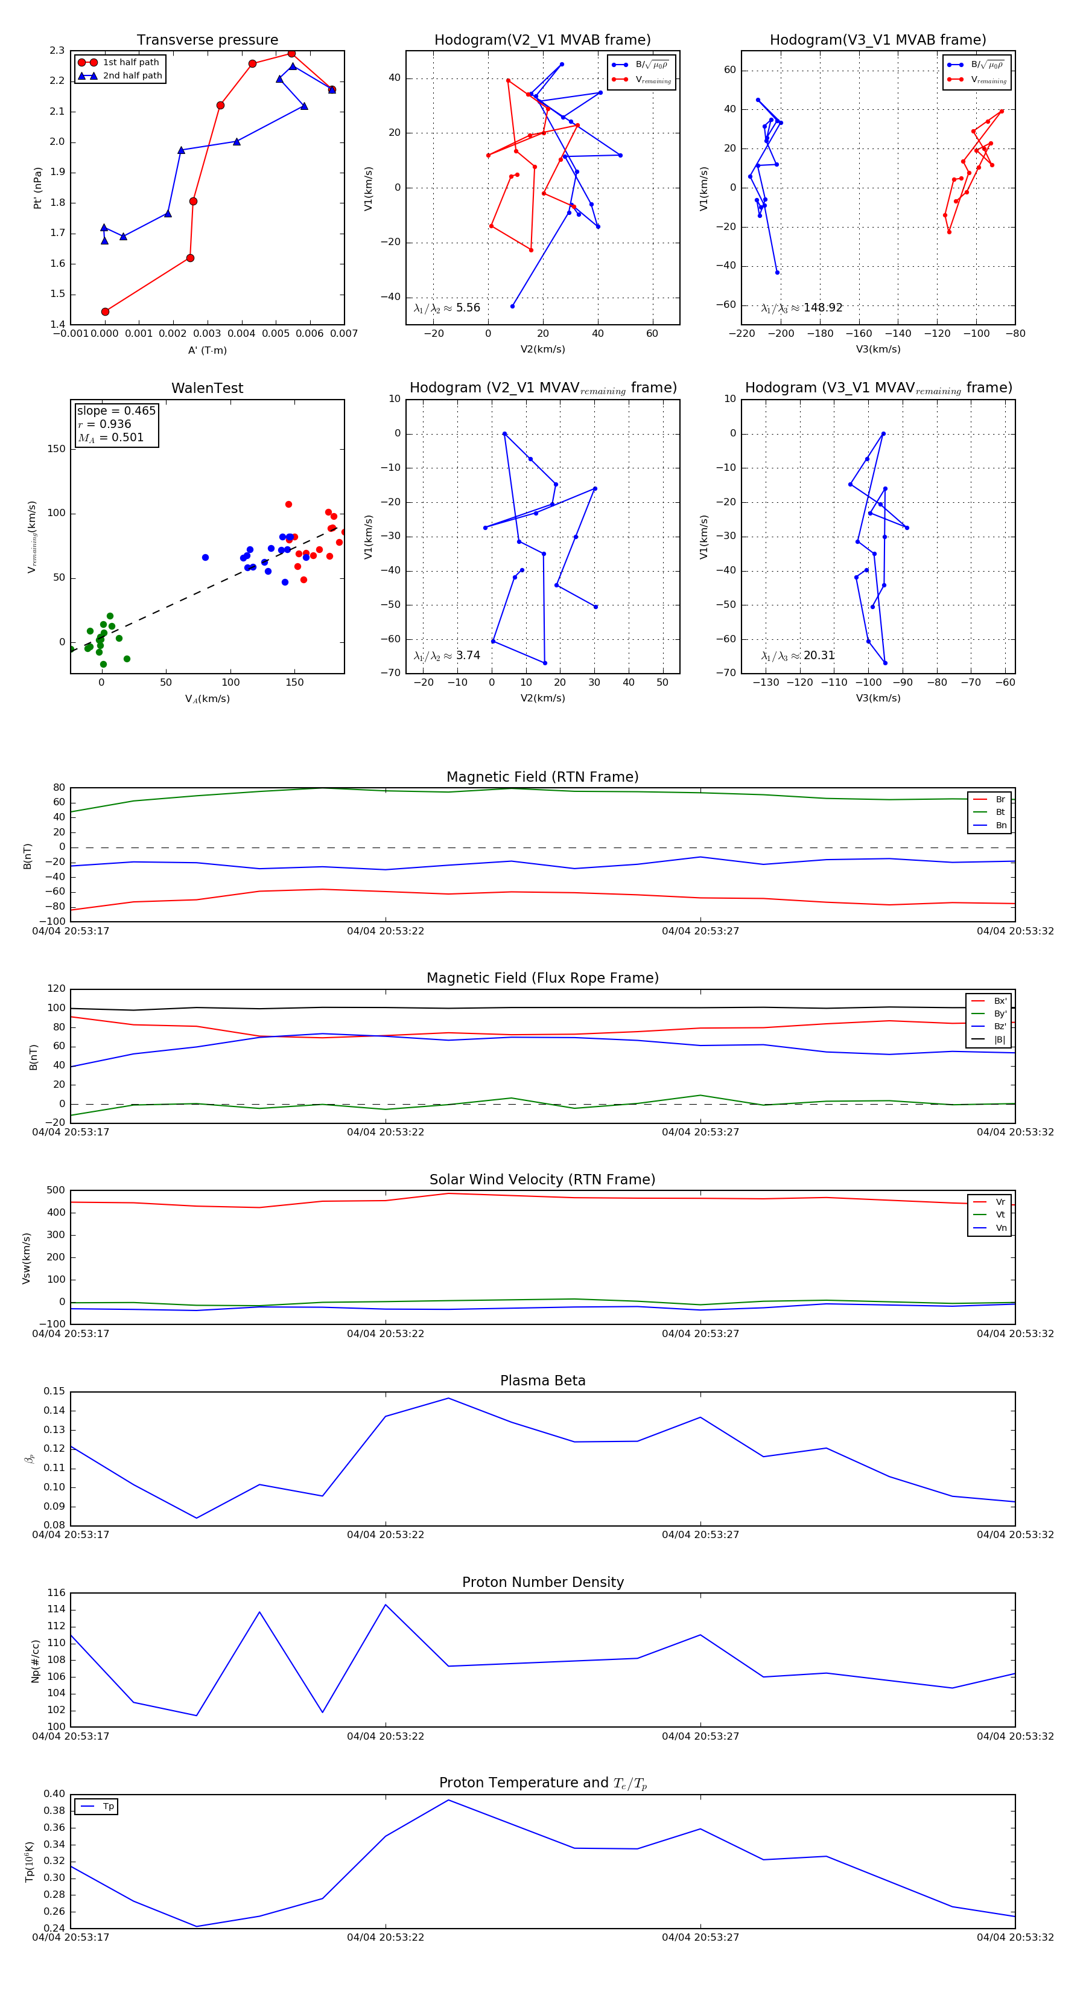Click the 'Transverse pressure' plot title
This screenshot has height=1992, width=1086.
(207, 40)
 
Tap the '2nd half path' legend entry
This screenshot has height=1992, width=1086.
(132, 76)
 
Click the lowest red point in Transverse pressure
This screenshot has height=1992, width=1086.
(105, 311)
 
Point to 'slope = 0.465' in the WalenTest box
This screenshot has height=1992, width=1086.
(116, 410)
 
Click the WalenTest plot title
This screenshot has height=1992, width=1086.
(207, 388)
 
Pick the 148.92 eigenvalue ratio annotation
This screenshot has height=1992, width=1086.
(822, 308)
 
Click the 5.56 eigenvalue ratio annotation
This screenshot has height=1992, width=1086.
(468, 308)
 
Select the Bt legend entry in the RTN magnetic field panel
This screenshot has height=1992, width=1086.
(1000, 812)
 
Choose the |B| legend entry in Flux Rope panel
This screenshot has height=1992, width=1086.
(1000, 1039)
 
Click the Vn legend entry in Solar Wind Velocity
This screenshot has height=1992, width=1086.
(1001, 1228)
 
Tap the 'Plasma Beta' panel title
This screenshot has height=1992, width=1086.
(542, 1381)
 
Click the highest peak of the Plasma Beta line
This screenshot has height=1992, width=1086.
(448, 1398)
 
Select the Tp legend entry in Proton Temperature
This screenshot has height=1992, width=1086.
(108, 1807)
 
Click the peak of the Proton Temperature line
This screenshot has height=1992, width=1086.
(448, 1800)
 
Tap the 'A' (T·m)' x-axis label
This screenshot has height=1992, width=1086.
(207, 350)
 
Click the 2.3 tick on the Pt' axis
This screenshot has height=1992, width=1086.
(57, 51)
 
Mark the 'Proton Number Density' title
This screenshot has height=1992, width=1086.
(542, 1582)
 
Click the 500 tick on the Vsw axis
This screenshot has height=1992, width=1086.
(56, 1190)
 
